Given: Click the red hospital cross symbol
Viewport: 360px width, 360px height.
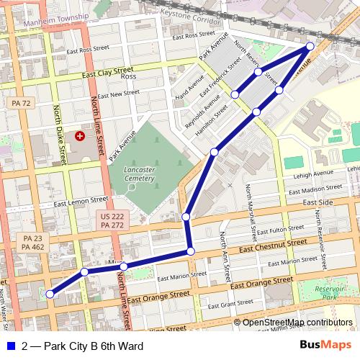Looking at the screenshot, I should pyautogui.click(x=79, y=135).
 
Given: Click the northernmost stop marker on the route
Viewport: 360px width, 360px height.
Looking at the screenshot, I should pyautogui.click(x=310, y=46).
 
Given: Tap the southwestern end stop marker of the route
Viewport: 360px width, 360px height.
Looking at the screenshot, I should pyautogui.click(x=50, y=294).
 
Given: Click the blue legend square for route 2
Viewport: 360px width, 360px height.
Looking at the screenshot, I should pyautogui.click(x=10, y=346).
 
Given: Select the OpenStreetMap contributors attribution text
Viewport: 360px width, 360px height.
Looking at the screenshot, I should pyautogui.click(x=297, y=322).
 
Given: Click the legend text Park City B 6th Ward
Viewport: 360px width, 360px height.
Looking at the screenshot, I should pyautogui.click(x=83, y=346).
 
